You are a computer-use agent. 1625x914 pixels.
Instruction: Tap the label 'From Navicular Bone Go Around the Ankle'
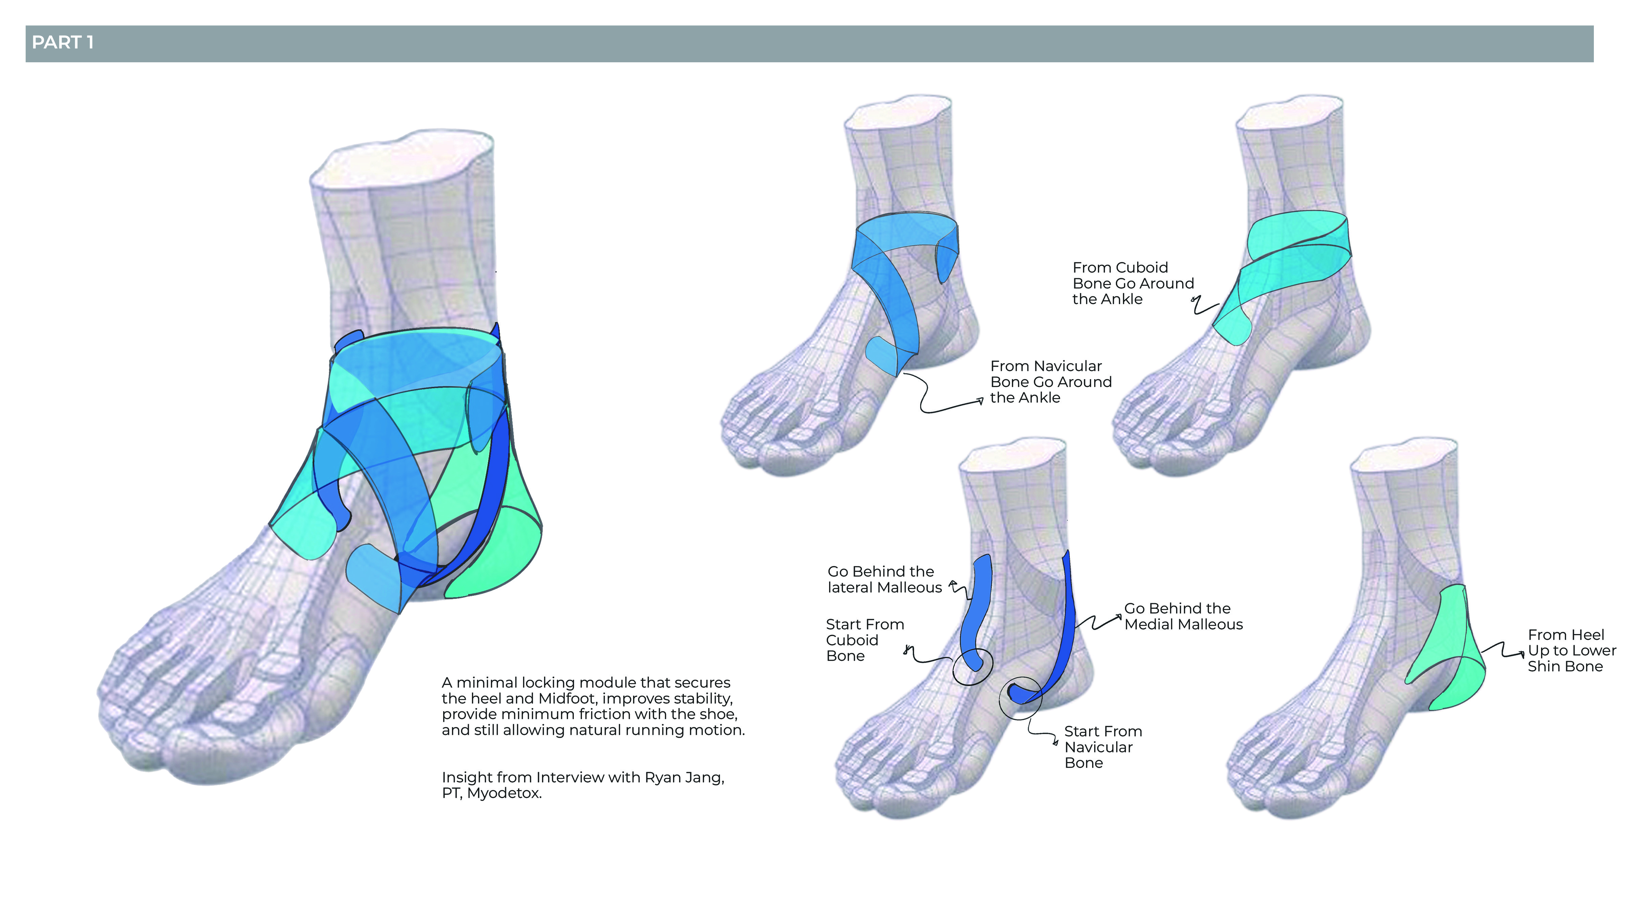pyautogui.click(x=1050, y=382)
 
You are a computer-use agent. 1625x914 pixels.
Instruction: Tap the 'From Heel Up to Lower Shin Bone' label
pyautogui.click(x=1571, y=650)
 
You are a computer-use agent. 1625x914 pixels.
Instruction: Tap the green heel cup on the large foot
pyautogui.click(x=498, y=555)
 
